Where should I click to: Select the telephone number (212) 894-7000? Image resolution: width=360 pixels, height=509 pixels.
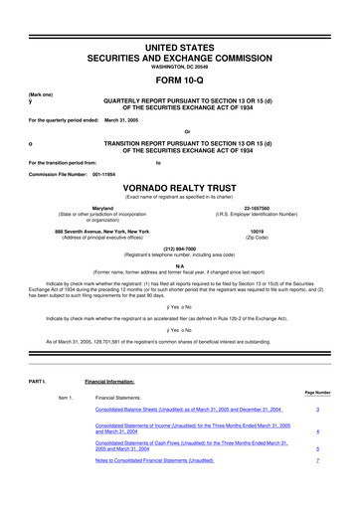tap(179, 250)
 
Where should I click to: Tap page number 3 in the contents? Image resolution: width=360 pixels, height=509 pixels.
tap(315, 409)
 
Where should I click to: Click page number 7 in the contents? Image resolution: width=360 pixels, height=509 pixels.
tap(315, 461)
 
